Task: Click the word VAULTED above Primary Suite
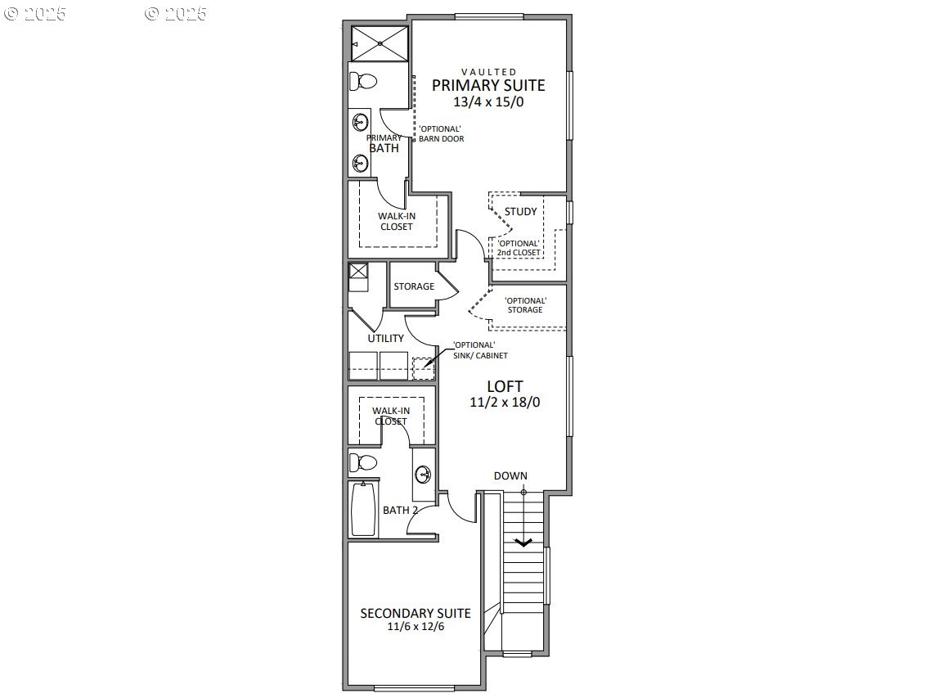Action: [x=488, y=72]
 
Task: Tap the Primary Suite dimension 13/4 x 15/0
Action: [x=488, y=102]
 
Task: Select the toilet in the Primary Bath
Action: [x=362, y=81]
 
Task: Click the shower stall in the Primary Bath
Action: [x=380, y=43]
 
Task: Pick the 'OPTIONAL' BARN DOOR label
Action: [x=442, y=134]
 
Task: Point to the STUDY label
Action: [x=521, y=212]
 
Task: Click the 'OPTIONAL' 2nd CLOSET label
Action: [x=519, y=248]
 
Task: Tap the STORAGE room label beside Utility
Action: [x=414, y=286]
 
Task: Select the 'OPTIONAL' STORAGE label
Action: [x=524, y=305]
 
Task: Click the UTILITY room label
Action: [x=385, y=338]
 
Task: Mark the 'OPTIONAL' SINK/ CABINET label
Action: [x=481, y=350]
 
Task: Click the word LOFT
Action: [x=505, y=386]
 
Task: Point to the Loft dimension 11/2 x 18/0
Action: [x=505, y=403]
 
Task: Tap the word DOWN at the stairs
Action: [x=510, y=475]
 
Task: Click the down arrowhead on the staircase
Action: [x=523, y=542]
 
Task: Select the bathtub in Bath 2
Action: [x=363, y=510]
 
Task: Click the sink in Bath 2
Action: [x=424, y=475]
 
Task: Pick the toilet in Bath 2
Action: [x=362, y=462]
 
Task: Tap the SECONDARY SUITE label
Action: [x=416, y=613]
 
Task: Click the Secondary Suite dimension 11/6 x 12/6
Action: [x=416, y=627]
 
